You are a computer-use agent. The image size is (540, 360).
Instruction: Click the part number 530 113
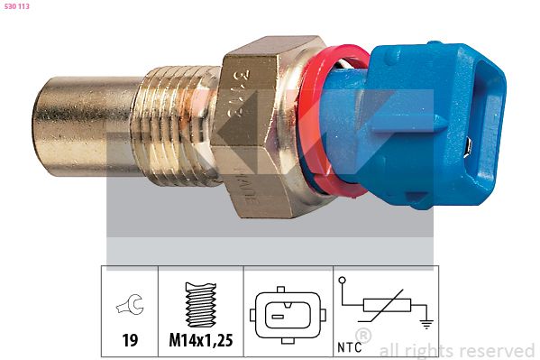17,6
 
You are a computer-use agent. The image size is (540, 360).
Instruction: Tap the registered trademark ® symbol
362,336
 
